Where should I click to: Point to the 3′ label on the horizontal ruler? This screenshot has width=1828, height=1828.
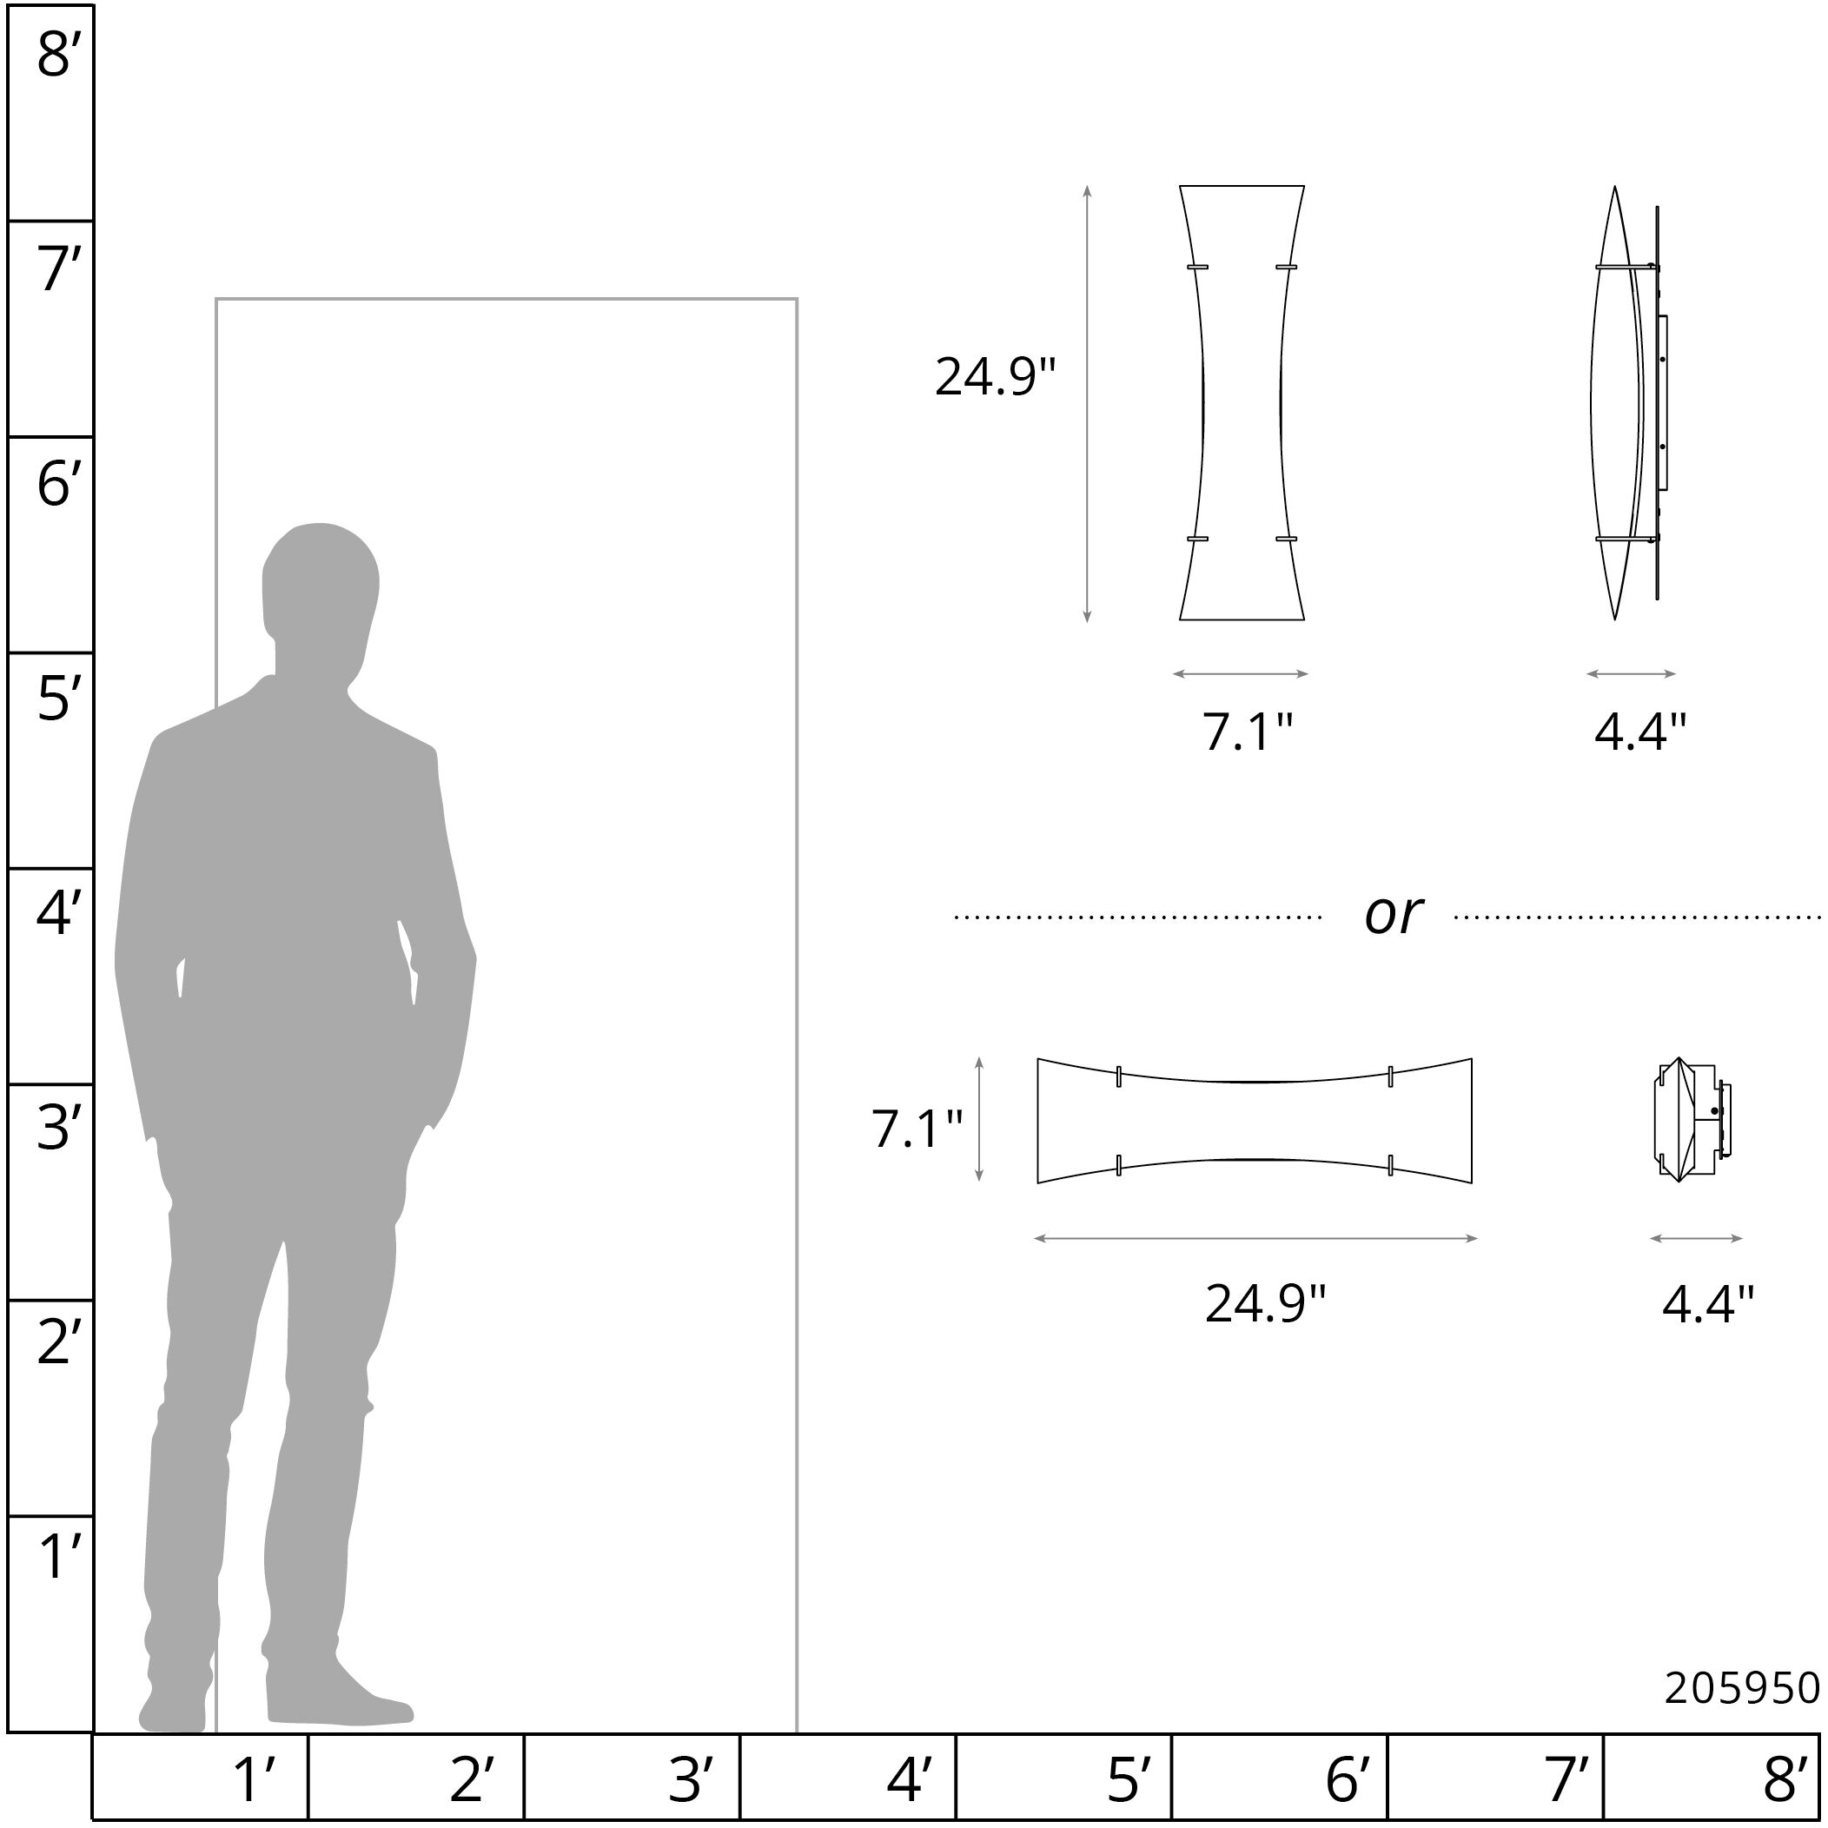point(691,1779)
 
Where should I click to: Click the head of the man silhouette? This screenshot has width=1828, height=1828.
point(320,577)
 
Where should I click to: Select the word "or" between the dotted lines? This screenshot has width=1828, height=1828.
point(1393,915)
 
